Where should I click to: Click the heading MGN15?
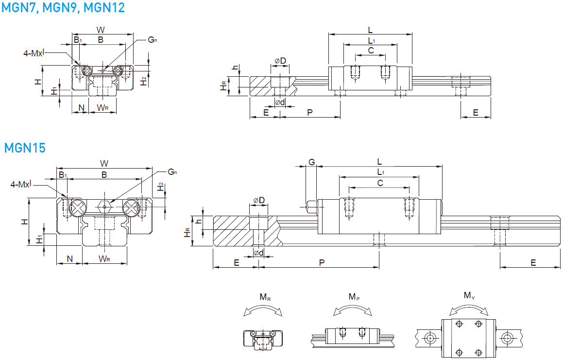tap(25, 148)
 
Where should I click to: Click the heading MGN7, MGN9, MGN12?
tap(63, 7)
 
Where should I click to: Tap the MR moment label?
tap(265, 297)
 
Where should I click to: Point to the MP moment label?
tap(354, 297)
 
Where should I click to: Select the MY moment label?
tap(469, 295)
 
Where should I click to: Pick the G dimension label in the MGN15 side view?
tap(312, 162)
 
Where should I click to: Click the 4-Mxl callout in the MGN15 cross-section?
tap(21, 184)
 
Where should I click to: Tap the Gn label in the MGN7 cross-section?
tap(153, 39)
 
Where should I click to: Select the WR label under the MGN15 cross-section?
tap(104, 258)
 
